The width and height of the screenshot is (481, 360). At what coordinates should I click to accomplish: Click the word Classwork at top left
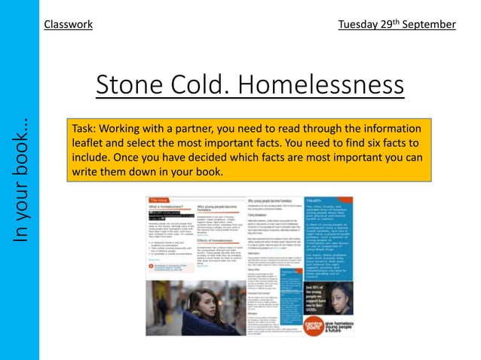68,24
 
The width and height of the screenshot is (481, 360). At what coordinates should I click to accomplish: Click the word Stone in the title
130,85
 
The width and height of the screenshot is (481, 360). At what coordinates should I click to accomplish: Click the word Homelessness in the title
324,85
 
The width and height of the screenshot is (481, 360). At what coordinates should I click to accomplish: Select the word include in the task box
91,157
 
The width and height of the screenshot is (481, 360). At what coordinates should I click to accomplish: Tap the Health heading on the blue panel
320,200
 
